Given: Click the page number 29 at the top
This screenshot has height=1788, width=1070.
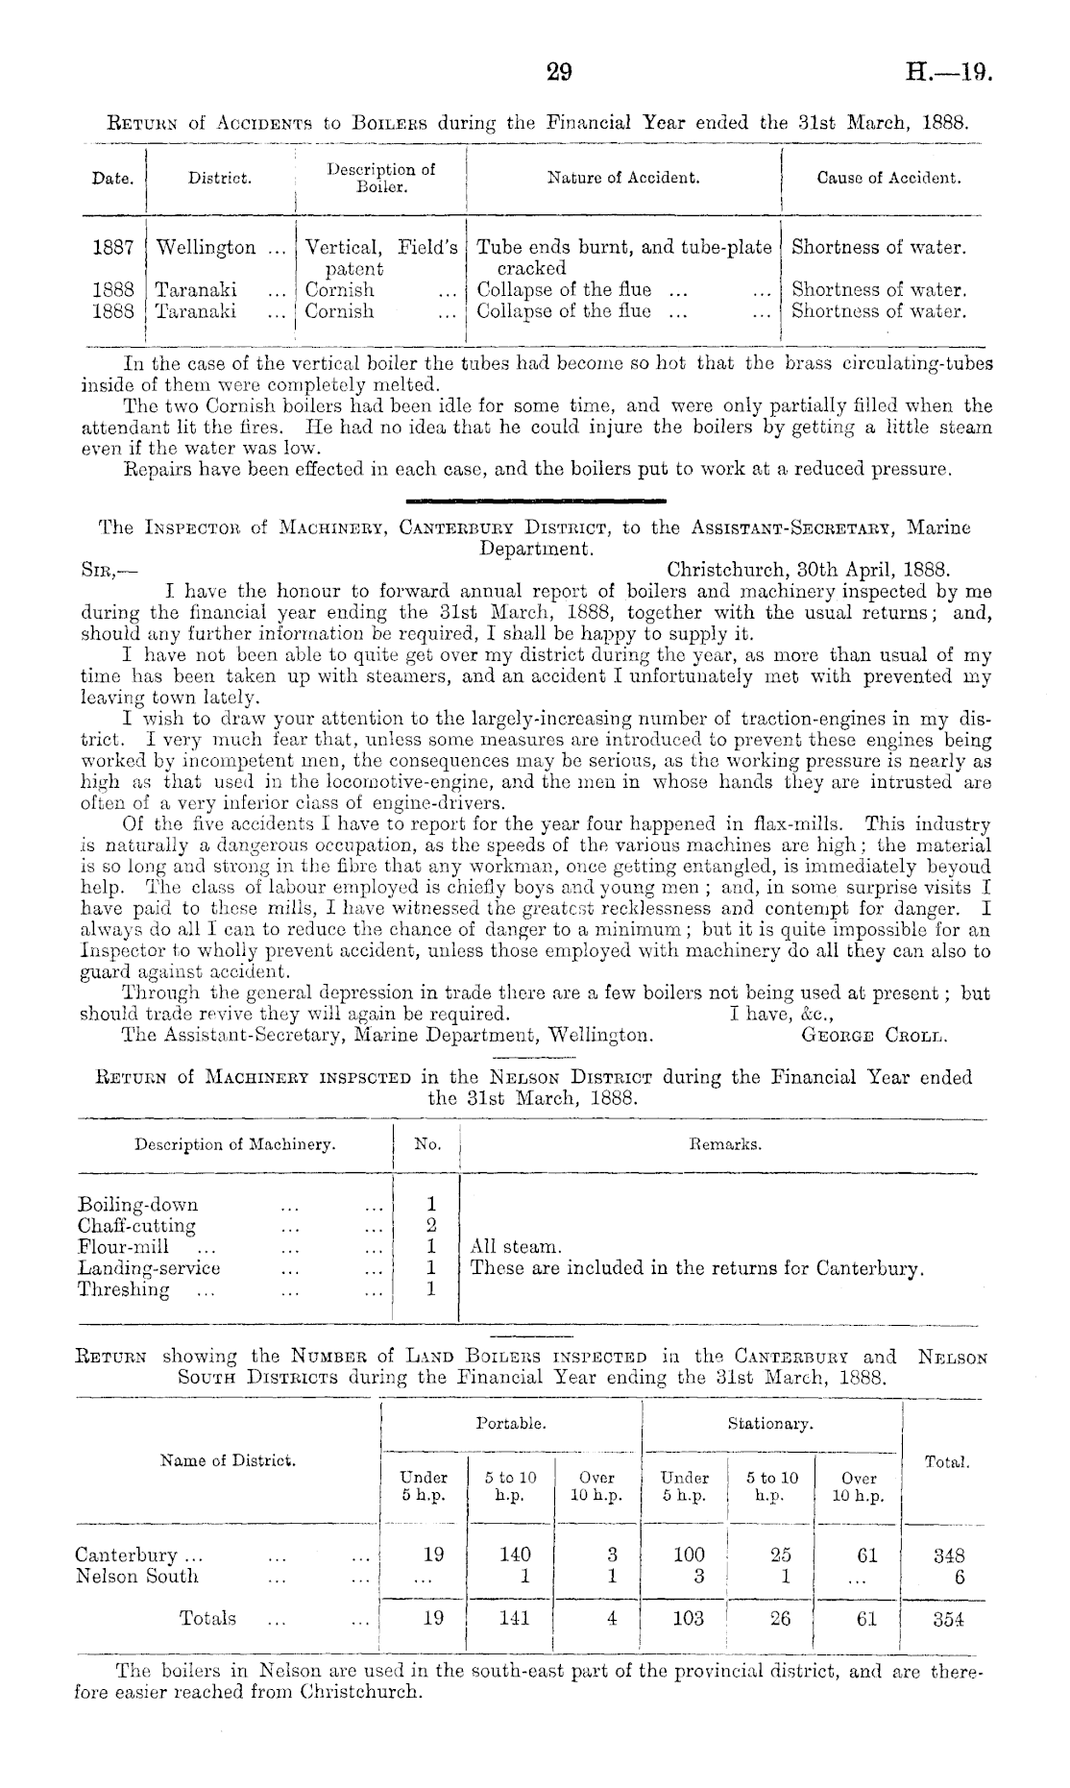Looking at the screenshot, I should point(558,72).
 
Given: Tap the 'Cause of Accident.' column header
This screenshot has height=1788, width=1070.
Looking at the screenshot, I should point(888,178).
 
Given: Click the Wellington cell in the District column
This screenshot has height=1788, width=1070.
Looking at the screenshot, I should point(206,248).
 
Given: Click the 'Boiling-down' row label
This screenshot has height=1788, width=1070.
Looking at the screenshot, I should point(137,1205).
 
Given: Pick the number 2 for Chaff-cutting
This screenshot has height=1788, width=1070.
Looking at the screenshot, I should point(431,1226).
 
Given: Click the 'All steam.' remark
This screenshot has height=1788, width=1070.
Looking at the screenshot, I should point(515,1247).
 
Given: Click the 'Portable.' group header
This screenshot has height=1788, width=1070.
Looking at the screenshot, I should point(511,1423).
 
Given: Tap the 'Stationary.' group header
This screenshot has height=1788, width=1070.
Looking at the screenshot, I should point(770,1423).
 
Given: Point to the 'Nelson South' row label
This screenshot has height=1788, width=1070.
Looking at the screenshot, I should point(136,1577).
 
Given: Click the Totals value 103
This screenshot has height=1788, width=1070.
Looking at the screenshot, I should point(688,1619).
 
